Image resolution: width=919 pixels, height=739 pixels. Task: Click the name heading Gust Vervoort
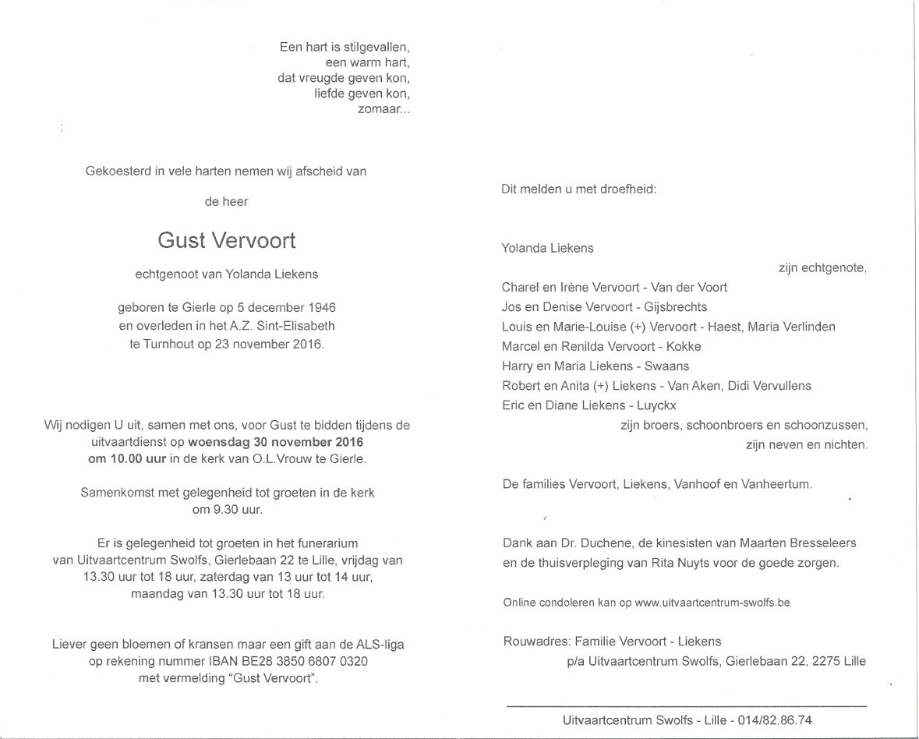[227, 241]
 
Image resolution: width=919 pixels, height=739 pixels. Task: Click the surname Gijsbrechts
[669, 307]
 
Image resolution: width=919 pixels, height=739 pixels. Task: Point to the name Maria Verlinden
[791, 327]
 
